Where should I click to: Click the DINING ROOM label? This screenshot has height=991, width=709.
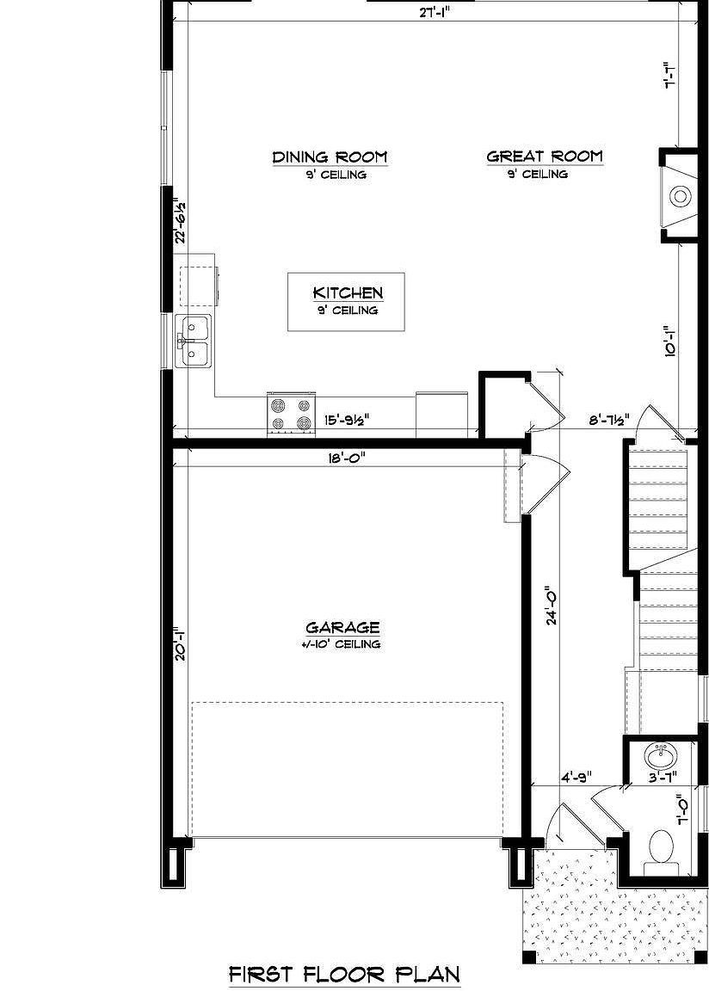click(330, 157)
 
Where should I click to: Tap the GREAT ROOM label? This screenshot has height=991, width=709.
click(544, 157)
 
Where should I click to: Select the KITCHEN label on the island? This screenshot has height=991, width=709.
click(347, 293)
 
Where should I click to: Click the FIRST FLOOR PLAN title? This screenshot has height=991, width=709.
click(344, 974)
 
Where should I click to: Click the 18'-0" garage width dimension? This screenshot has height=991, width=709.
click(346, 459)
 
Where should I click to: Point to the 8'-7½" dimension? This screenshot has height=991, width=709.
click(607, 420)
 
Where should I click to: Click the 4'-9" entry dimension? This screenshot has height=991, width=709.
click(575, 777)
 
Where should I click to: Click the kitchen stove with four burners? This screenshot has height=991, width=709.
click(290, 413)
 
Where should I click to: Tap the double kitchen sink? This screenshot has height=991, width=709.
click(194, 341)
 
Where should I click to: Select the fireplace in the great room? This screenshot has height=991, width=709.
click(678, 197)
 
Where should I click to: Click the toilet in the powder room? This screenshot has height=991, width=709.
click(662, 846)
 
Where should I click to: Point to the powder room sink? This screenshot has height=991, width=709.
click(661, 757)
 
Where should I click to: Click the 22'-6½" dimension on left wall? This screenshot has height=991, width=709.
click(181, 222)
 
